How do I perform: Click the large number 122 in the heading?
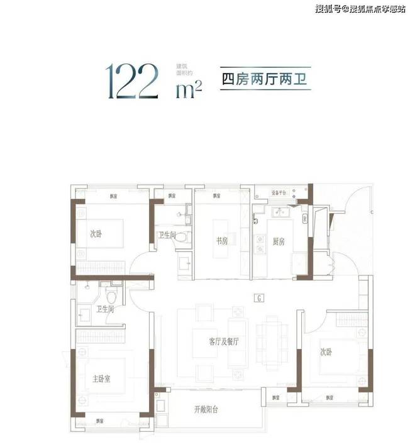133,80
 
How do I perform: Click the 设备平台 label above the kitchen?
279,193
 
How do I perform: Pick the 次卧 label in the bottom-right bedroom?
326,352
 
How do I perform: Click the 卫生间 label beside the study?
166,235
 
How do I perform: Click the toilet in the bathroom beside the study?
181,238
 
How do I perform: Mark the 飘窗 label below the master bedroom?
99,421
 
